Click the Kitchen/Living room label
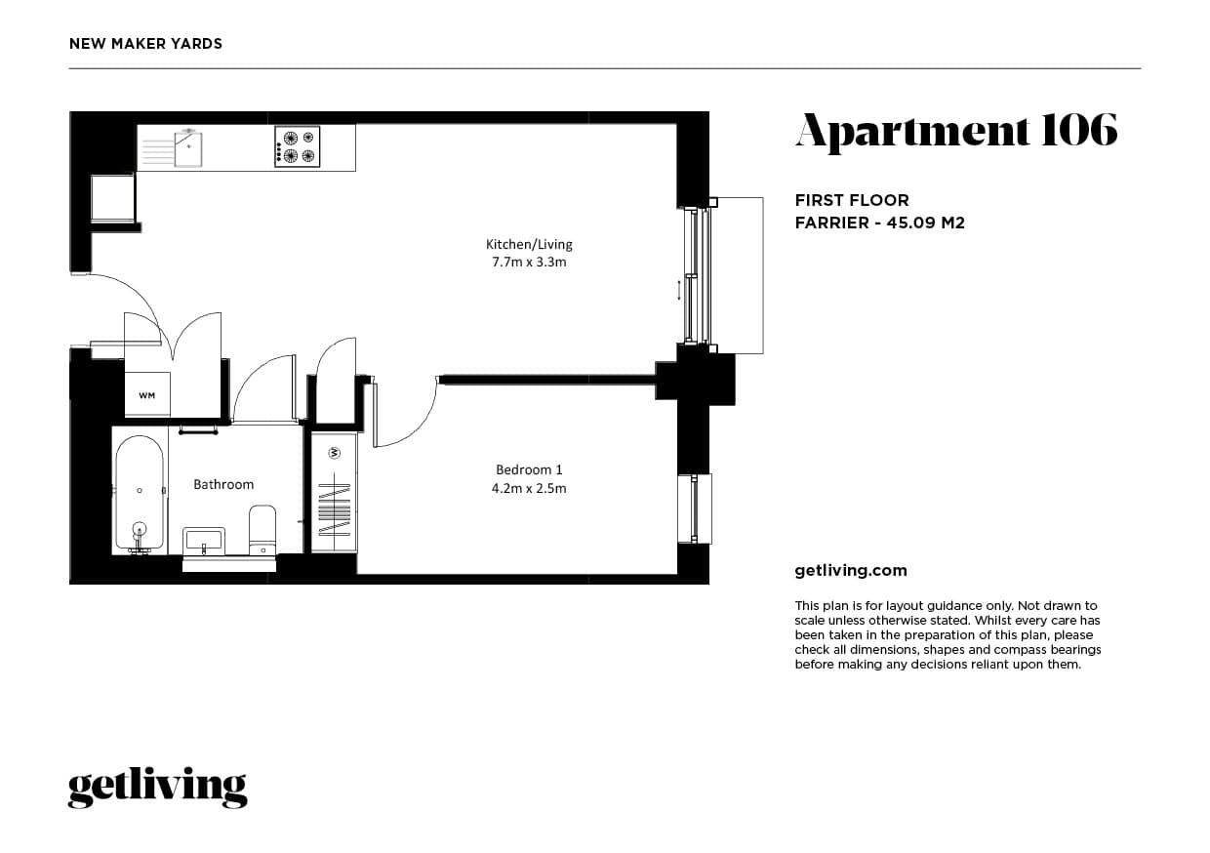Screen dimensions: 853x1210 (529, 244)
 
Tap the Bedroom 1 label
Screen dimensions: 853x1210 (529, 469)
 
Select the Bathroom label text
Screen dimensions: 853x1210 (223, 484)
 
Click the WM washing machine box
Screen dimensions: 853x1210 (147, 395)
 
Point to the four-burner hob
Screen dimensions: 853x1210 (298, 146)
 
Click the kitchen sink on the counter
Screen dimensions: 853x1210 (188, 147)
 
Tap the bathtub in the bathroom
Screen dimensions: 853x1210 (140, 493)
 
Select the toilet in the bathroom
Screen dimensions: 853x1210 (262, 530)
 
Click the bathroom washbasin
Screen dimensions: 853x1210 (204, 541)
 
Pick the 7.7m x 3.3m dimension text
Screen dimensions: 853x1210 (529, 263)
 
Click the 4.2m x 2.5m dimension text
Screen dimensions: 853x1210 (529, 488)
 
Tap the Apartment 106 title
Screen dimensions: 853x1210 (955, 131)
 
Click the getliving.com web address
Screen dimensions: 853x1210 (851, 571)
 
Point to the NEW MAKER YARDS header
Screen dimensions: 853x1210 (145, 44)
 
